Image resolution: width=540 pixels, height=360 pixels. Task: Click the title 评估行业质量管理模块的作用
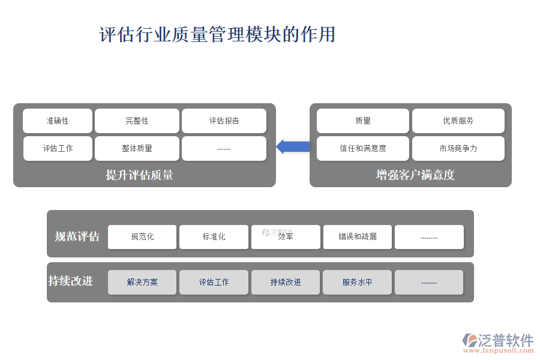pyautogui.click(x=217, y=34)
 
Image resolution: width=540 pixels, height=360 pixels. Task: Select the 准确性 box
pyautogui.click(x=58, y=121)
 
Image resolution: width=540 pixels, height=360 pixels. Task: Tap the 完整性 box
pyautogui.click(x=137, y=121)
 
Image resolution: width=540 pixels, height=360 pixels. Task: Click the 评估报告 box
pyautogui.click(x=224, y=121)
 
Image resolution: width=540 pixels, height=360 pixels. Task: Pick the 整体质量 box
pyautogui.click(x=137, y=148)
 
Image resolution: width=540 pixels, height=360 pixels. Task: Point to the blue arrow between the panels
pyautogui.click(x=293, y=146)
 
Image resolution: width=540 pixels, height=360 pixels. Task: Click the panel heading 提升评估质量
pyautogui.click(x=139, y=175)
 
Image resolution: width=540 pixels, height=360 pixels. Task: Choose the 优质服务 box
pyautogui.click(x=458, y=121)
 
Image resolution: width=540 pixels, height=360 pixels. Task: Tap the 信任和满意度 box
pyautogui.click(x=363, y=148)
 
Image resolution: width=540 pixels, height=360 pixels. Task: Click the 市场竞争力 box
pyautogui.click(x=458, y=148)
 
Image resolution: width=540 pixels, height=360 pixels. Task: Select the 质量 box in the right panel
pyautogui.click(x=363, y=121)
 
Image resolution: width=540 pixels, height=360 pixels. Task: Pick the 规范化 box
pyautogui.click(x=142, y=236)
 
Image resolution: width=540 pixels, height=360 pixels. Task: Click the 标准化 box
pyautogui.click(x=214, y=236)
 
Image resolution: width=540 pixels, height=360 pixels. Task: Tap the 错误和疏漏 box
pyautogui.click(x=358, y=236)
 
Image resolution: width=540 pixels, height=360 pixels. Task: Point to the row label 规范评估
pyautogui.click(x=77, y=236)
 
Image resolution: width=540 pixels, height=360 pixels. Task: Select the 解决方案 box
pyautogui.click(x=142, y=282)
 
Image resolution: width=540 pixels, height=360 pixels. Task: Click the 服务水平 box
pyautogui.click(x=357, y=282)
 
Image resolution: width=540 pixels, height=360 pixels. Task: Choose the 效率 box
pyautogui.click(x=286, y=236)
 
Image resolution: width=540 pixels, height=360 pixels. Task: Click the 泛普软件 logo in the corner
pyautogui.click(x=498, y=342)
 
